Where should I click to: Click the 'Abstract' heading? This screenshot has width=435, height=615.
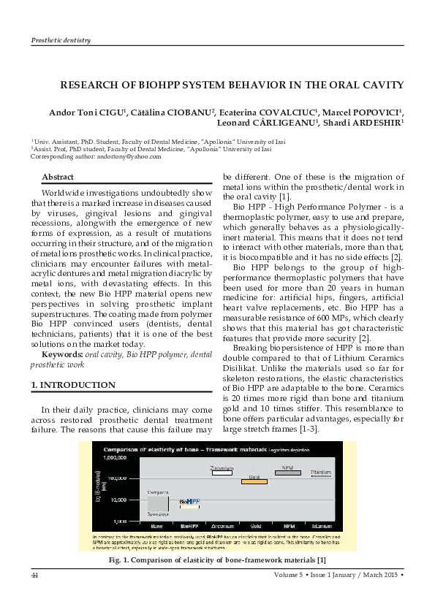coord(58,177)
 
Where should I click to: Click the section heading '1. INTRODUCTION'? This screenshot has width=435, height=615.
coord(73,385)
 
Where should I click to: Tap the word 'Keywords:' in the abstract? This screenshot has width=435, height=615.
coord(63,354)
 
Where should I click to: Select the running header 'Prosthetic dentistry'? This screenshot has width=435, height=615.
coord(61,39)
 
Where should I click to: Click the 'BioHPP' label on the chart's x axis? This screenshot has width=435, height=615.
coord(189,526)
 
